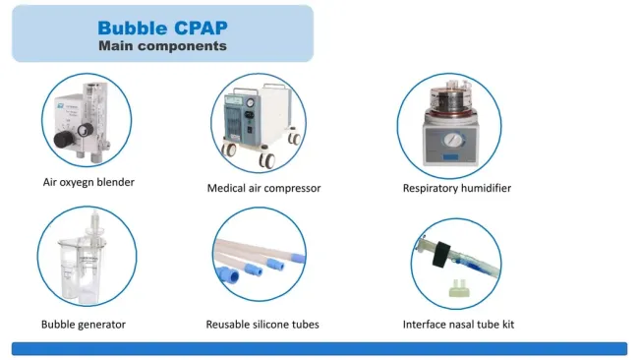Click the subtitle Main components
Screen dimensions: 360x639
point(162,45)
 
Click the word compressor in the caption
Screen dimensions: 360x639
point(292,188)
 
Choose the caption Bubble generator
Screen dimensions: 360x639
point(84,324)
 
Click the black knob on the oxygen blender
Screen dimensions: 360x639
point(61,141)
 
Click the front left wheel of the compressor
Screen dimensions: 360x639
point(231,153)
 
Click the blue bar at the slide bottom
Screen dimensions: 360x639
point(319,348)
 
